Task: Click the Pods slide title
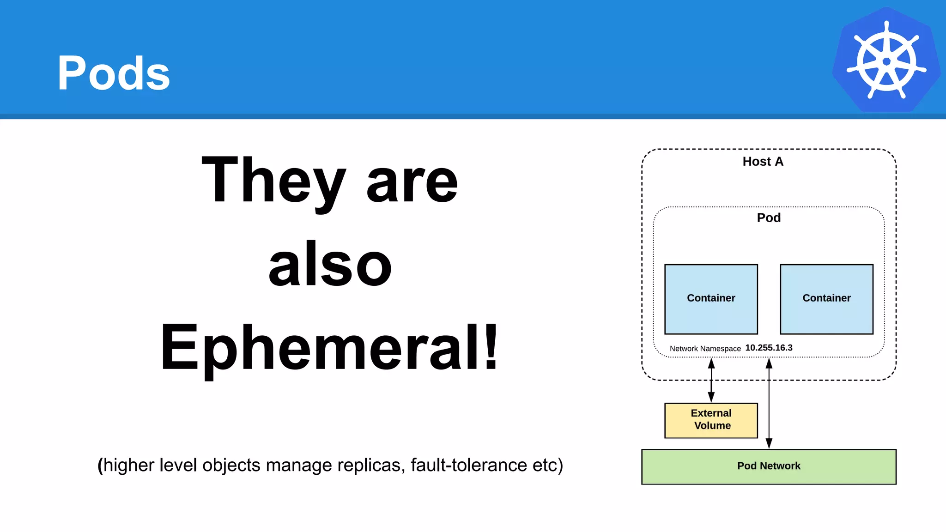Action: point(114,73)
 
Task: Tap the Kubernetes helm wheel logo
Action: point(886,60)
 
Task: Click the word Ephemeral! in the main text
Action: point(329,347)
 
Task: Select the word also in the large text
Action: point(330,265)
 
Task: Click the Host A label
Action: point(763,162)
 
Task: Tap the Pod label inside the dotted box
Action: point(769,218)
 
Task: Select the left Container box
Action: point(711,299)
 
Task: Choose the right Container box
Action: point(826,299)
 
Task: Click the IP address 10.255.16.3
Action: point(769,348)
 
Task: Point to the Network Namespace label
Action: point(705,349)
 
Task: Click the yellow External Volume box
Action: point(711,420)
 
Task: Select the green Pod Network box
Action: point(769,466)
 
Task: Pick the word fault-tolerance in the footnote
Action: point(469,465)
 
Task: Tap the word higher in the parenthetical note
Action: point(128,465)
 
